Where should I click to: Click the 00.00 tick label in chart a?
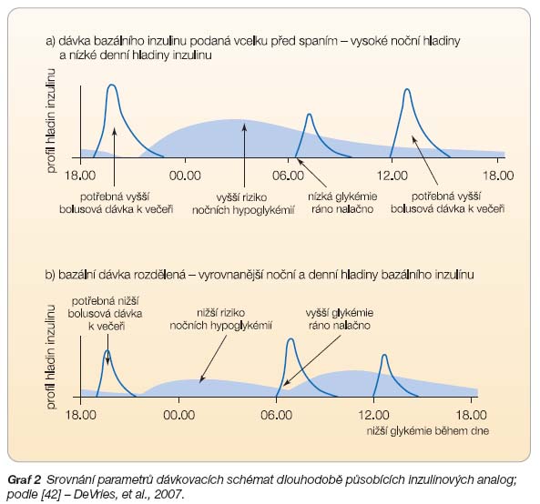(185, 176)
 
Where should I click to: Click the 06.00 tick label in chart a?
(288, 176)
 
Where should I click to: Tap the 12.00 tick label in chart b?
(373, 415)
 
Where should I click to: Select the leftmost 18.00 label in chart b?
(80, 415)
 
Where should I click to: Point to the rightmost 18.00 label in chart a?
(498, 176)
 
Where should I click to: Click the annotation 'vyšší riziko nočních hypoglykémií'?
(243, 204)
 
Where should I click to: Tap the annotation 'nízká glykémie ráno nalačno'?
(342, 203)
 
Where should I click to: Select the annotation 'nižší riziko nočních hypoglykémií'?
(220, 319)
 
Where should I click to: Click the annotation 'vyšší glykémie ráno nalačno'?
(340, 319)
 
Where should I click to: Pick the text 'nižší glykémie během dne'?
(428, 431)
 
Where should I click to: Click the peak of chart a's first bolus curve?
(112, 85)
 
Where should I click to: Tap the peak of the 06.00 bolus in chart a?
(310, 114)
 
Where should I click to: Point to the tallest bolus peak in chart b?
(290, 338)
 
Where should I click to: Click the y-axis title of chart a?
(51, 120)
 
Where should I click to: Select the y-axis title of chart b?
(51, 357)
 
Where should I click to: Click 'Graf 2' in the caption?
(24, 479)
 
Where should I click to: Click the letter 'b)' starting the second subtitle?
(50, 275)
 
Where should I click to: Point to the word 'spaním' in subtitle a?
(318, 41)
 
